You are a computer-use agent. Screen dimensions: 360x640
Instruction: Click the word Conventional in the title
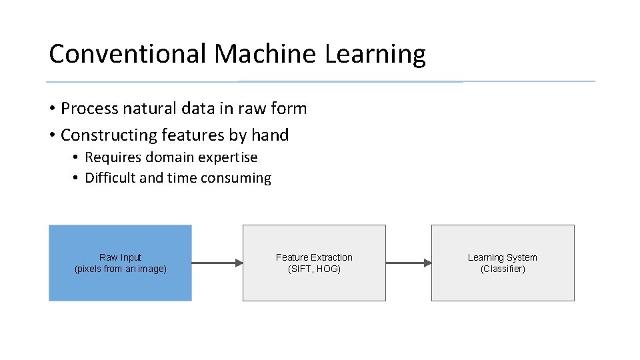tap(127, 54)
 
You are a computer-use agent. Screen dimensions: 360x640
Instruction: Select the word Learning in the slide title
tap(375, 54)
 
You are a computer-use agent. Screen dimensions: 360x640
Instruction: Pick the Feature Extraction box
tap(314, 287)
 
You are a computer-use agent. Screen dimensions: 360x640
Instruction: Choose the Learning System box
tap(503, 287)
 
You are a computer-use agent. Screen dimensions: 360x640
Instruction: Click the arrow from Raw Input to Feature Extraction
tap(217, 263)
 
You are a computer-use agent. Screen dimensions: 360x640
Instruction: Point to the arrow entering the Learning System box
tap(409, 263)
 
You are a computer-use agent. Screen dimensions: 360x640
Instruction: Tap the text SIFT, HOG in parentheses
tap(314, 269)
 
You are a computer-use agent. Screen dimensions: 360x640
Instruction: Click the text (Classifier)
tap(503, 269)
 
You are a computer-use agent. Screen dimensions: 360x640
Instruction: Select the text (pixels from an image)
tap(121, 269)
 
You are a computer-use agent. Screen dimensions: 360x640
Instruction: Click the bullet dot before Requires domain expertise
tap(77, 157)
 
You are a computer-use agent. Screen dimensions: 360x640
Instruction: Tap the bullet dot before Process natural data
tap(51, 109)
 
